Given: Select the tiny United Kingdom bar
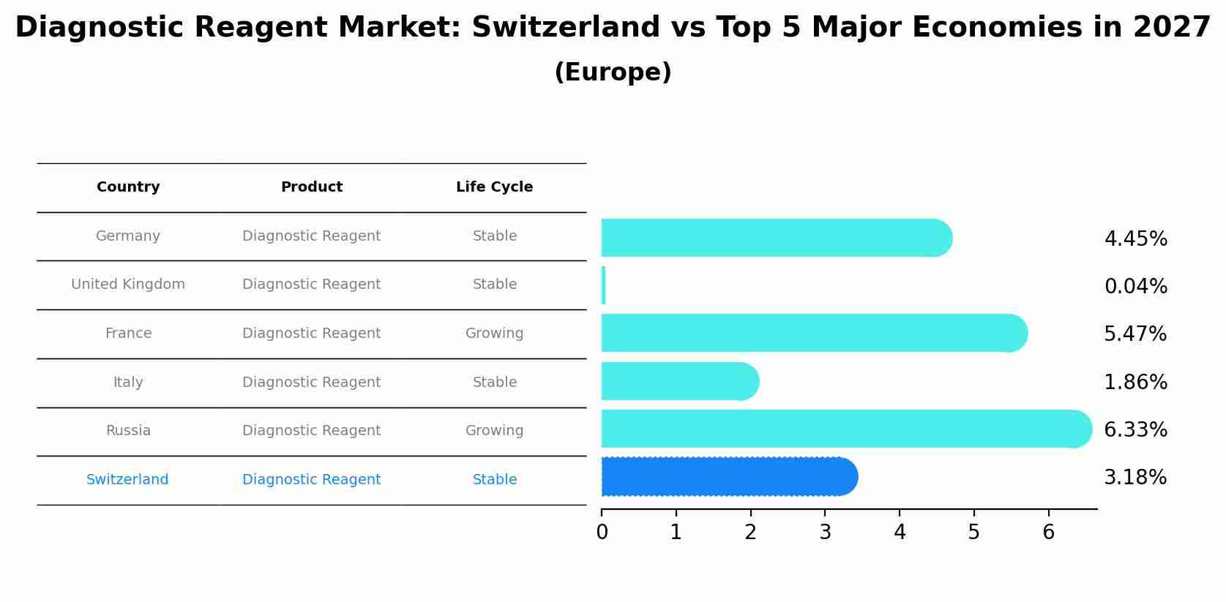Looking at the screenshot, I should (603, 285).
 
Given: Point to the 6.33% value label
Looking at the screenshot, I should (1135, 429).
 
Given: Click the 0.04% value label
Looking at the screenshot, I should (1135, 287).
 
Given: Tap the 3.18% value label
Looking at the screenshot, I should (1135, 478).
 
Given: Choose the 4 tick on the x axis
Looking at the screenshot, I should (900, 533).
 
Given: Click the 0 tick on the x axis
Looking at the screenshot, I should (602, 533).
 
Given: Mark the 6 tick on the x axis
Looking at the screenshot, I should (1048, 533).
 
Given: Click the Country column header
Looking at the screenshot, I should (128, 187).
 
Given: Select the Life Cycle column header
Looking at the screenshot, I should (494, 187).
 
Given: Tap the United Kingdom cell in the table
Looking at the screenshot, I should (128, 285).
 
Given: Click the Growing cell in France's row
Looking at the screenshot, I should (494, 334).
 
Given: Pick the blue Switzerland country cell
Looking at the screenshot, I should (127, 480).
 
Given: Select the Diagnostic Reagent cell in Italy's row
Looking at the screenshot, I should (311, 383).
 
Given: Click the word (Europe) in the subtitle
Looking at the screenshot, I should (613, 72).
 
